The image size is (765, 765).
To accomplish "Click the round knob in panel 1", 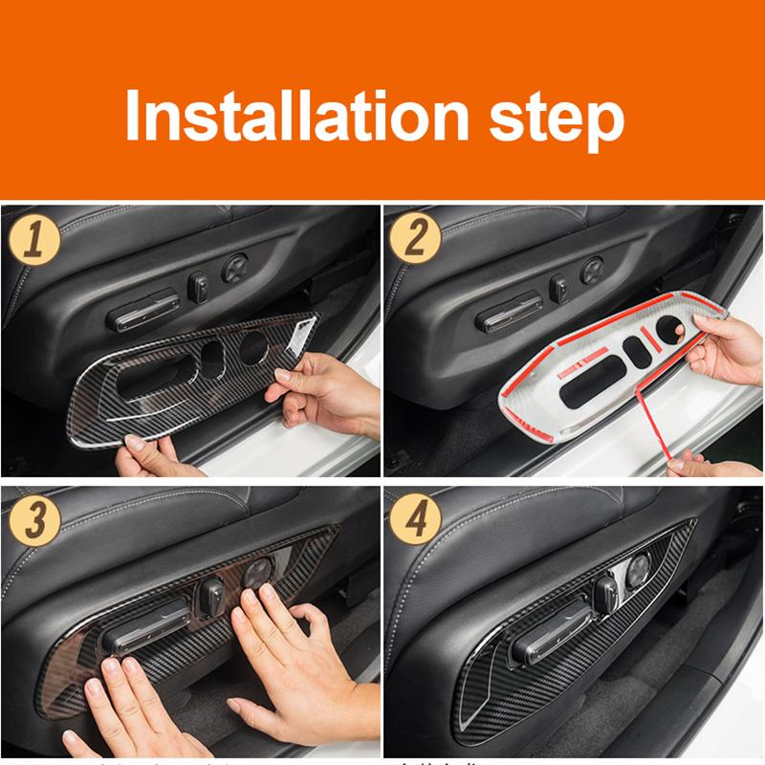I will [x=234, y=268].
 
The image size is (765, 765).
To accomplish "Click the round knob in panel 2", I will [x=592, y=269].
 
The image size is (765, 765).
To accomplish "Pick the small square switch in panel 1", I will [x=202, y=284].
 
